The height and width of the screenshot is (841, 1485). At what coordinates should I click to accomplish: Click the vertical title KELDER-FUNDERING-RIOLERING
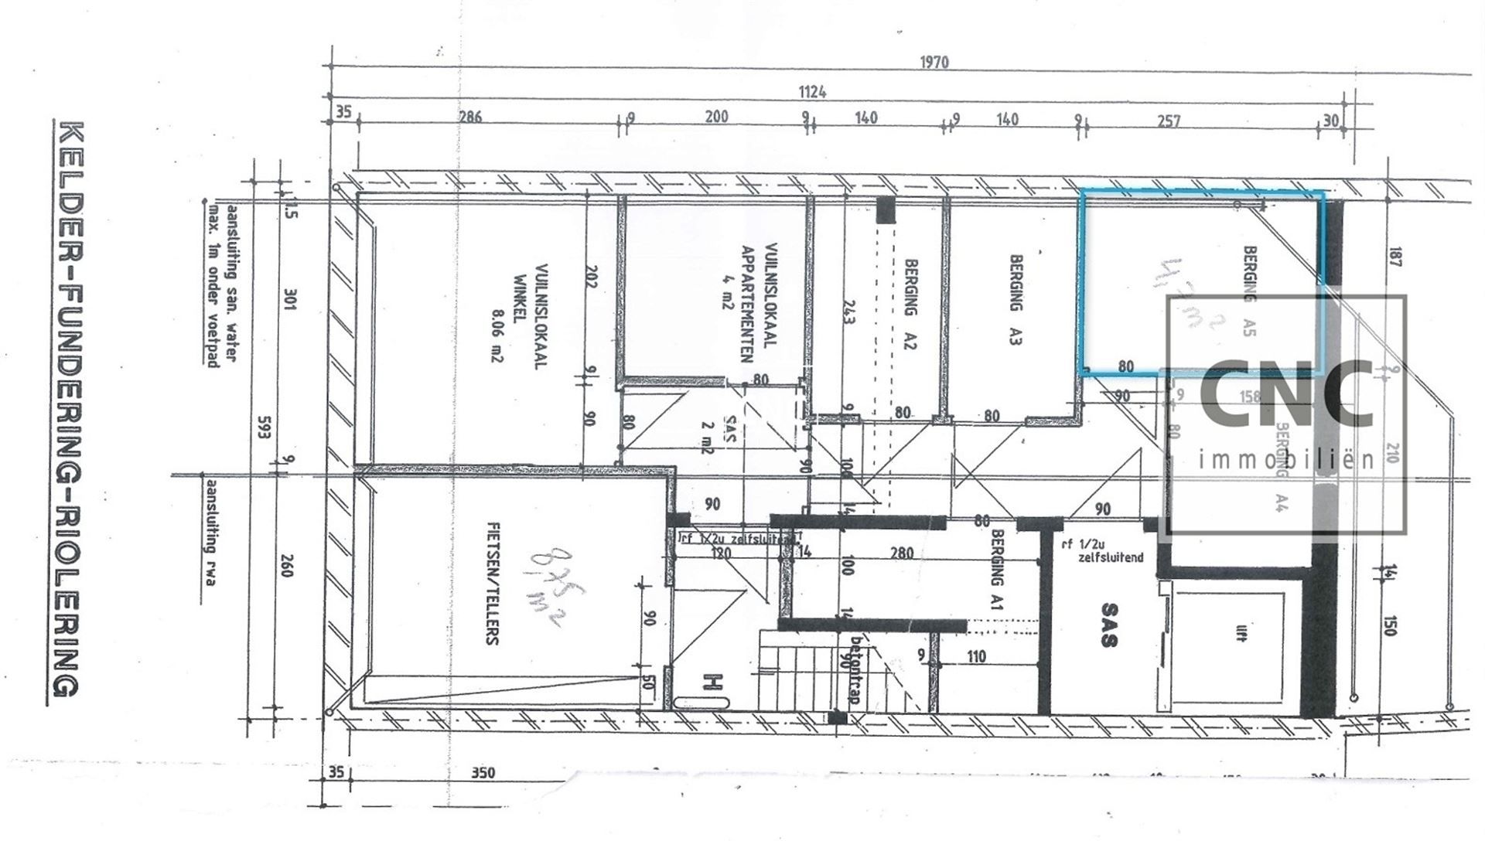pyautogui.click(x=67, y=410)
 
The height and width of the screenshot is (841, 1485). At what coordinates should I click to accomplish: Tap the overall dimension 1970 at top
pyautogui.click(x=934, y=62)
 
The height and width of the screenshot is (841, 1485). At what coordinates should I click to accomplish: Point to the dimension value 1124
pyautogui.click(x=812, y=92)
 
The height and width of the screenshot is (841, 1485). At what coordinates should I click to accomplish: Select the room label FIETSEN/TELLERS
pyautogui.click(x=492, y=584)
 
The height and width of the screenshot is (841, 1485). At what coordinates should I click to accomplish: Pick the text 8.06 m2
pyautogui.click(x=496, y=325)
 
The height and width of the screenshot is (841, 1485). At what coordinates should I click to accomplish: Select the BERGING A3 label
pyautogui.click(x=1016, y=300)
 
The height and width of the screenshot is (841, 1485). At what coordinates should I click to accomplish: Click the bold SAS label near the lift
pyautogui.click(x=1109, y=625)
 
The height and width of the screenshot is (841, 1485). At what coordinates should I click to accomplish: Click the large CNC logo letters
pyautogui.click(x=1285, y=396)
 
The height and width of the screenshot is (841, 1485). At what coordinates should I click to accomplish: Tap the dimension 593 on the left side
pyautogui.click(x=265, y=431)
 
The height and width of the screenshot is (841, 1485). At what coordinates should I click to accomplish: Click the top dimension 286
pyautogui.click(x=470, y=117)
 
